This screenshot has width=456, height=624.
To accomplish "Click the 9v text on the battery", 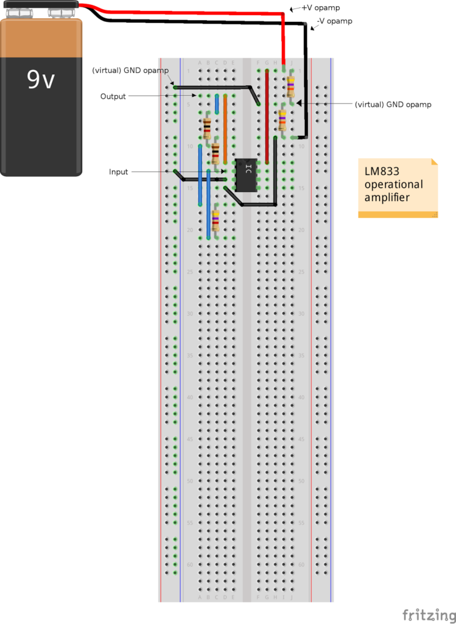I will click(x=41, y=79).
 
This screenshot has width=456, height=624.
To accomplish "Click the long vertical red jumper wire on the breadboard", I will click(x=267, y=119).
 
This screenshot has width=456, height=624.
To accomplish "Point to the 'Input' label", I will click(x=118, y=172).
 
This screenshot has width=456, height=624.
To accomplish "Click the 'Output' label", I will click(x=113, y=96).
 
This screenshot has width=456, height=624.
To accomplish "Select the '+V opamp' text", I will click(x=320, y=8).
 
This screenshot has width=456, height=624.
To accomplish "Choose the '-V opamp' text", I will click(x=334, y=21).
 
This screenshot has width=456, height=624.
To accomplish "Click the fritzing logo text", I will click(x=429, y=614).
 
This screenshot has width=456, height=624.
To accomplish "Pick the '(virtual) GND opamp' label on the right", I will click(x=393, y=105).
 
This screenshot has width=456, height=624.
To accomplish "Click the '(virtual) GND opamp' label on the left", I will click(x=130, y=70).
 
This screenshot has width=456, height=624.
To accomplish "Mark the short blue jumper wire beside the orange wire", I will click(x=217, y=104).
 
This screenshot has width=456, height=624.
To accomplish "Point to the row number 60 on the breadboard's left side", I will click(x=191, y=565).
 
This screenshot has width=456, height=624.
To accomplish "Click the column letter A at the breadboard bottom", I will click(x=200, y=598).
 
